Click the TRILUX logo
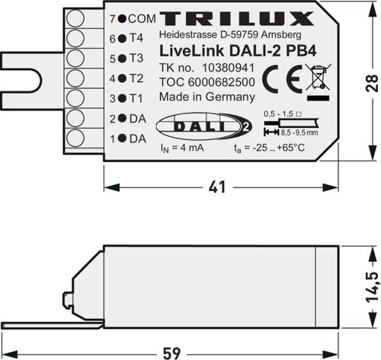236,18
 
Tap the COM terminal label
142,19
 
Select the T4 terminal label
136,38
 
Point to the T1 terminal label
136,98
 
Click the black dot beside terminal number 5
123,59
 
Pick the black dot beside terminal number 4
123,78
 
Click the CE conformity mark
282,79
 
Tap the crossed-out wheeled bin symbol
319,78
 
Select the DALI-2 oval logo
203,126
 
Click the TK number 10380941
228,68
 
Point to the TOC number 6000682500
222,82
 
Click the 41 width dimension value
217,187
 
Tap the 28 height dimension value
372,83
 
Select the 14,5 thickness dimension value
373,287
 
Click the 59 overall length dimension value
171,353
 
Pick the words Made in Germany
207,97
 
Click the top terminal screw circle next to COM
75,18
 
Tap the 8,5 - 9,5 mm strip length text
299,132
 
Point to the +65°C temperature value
290,148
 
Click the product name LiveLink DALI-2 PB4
238,51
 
